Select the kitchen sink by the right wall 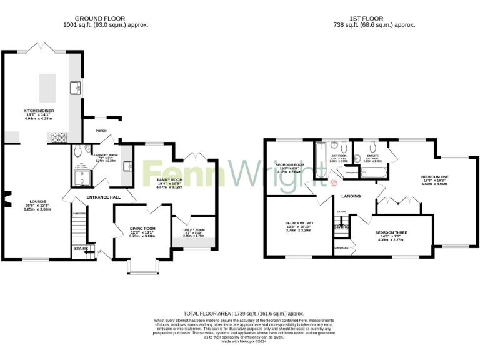click(x=75, y=87)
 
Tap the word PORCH click(x=100, y=131)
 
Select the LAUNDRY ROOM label click(x=106, y=154)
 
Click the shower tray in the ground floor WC click(x=81, y=179)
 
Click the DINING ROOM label click(x=142, y=229)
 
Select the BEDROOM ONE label click(x=435, y=177)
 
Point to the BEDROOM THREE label click(x=391, y=233)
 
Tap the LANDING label click(x=351, y=196)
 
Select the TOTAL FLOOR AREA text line click(x=244, y=313)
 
